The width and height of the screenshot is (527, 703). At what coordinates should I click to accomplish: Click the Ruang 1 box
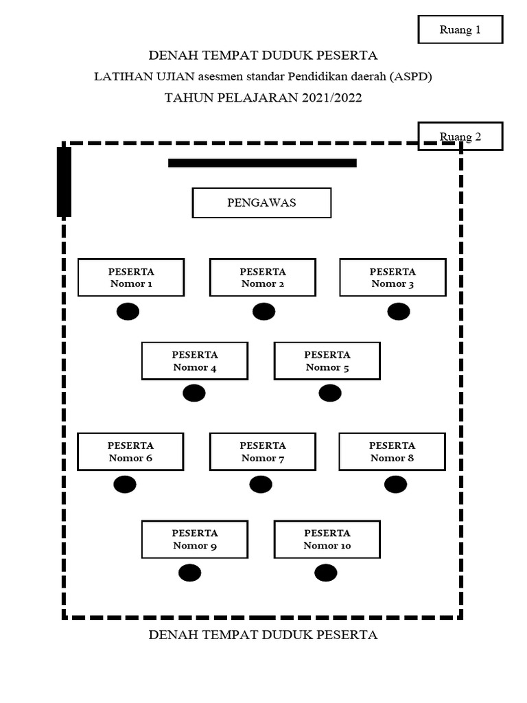coord(460,30)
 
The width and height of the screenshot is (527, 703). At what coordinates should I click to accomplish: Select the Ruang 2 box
coord(460,137)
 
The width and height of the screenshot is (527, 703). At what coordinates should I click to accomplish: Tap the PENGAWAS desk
coord(261,203)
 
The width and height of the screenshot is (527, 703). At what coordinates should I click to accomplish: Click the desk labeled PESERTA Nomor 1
coord(130,277)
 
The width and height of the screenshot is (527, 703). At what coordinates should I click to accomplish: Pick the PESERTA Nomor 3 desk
coord(393,277)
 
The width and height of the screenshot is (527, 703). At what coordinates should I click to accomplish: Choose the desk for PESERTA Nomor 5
coord(327,360)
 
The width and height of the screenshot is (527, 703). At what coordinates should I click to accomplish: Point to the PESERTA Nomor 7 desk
coord(262,451)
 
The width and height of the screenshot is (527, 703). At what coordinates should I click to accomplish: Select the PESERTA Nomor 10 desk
coord(327,539)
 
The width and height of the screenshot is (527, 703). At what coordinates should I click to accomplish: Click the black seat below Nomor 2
coord(263,312)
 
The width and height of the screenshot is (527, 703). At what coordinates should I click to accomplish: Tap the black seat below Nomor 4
coord(194,393)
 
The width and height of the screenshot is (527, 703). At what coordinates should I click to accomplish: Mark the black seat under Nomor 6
coord(125,485)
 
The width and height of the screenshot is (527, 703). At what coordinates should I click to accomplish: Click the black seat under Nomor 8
coord(395,485)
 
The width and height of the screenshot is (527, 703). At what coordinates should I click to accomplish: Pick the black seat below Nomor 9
coord(189,573)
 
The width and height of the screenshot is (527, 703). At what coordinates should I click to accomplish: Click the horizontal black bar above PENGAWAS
coord(262,163)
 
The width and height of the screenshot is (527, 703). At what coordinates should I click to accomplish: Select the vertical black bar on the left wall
coord(64,182)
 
